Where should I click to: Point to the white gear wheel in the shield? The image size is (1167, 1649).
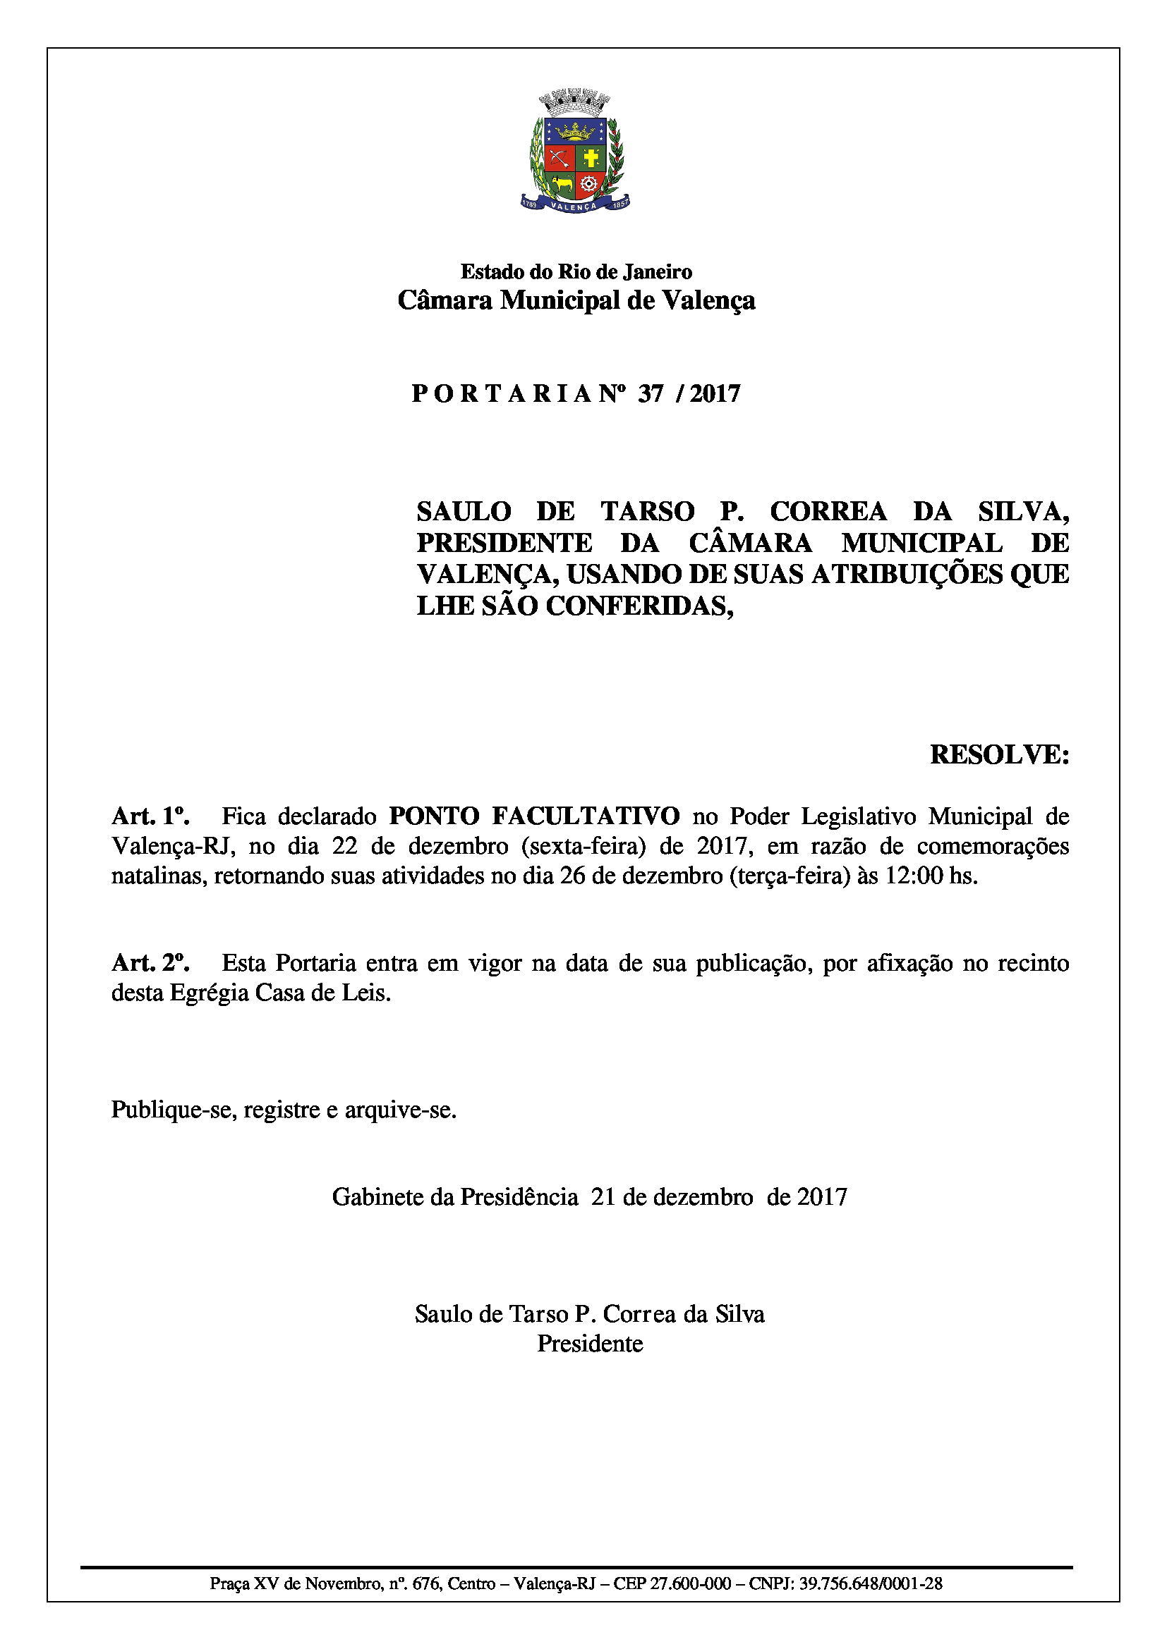pos(589,184)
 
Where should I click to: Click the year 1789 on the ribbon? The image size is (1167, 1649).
pos(530,204)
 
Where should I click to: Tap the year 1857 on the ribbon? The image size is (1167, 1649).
pos(619,204)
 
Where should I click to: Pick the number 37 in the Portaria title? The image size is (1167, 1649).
pos(651,393)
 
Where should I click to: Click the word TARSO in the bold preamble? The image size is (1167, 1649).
pos(648,511)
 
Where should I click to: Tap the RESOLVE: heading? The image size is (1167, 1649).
pos(999,754)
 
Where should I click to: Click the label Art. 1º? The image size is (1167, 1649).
pos(150,816)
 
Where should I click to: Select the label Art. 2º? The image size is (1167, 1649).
pos(150,962)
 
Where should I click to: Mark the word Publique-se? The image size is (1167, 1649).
pos(174,1109)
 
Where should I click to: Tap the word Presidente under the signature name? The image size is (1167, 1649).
pos(590,1343)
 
